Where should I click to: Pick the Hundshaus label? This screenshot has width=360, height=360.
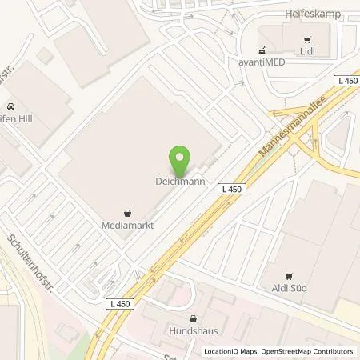tap(193, 329)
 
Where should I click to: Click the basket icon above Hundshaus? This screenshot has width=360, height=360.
tap(193, 317)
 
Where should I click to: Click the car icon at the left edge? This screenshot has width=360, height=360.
tap(10, 106)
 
